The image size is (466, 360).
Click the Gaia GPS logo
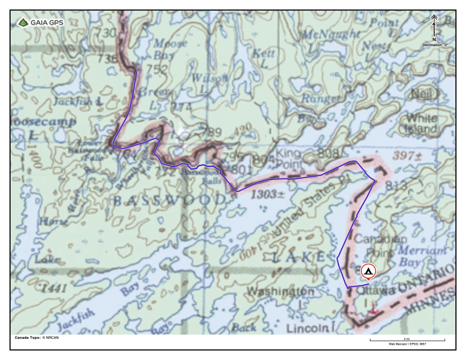pos(40,23)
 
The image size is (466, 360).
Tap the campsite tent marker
pos(368,271)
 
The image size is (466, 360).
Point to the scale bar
pos(407,339)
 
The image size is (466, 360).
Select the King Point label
pos(288,157)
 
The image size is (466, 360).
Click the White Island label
pos(421,124)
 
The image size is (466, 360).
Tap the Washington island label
pos(279,291)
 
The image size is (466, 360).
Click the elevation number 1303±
pos(268,194)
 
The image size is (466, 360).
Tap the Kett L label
pos(263,58)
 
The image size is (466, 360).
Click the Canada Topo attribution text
pos(36,338)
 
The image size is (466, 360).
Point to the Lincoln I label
pos(311,327)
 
